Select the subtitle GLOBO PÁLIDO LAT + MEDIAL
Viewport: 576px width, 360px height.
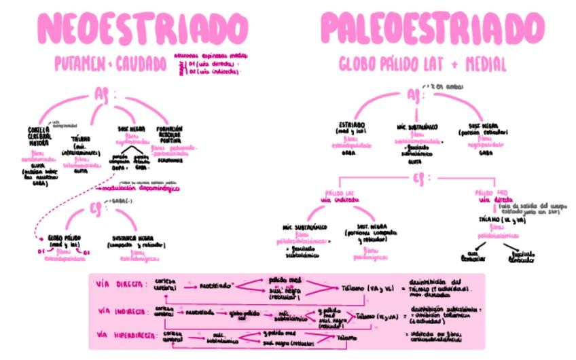click(422, 64)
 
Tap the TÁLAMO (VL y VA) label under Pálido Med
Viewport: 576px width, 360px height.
click(502, 221)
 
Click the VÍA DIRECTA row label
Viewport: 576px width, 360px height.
click(120, 283)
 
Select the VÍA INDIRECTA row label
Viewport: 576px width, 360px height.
click(122, 311)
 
